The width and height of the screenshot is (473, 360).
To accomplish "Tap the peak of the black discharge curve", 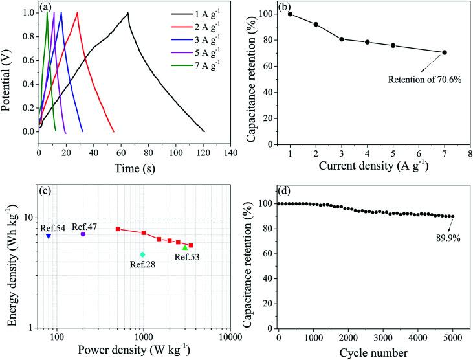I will tap(128, 13).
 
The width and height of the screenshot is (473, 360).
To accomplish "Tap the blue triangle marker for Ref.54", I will tap(49, 236).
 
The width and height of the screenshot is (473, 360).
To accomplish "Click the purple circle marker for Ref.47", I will tap(83, 234).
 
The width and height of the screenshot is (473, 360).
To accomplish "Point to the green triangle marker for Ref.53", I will tap(185, 247).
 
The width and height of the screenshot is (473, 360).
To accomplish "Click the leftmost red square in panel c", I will tap(118, 229).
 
